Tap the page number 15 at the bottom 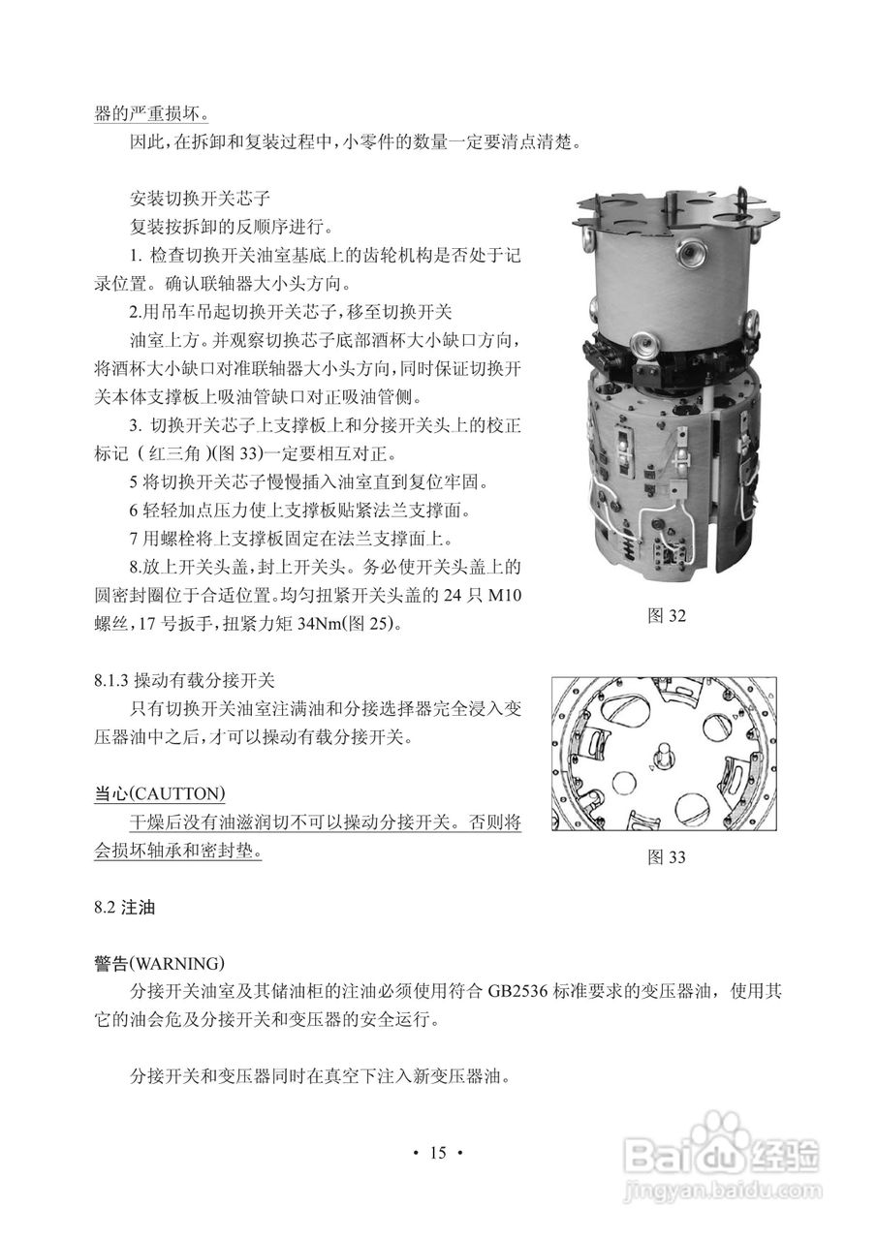pyautogui.click(x=438, y=1152)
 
